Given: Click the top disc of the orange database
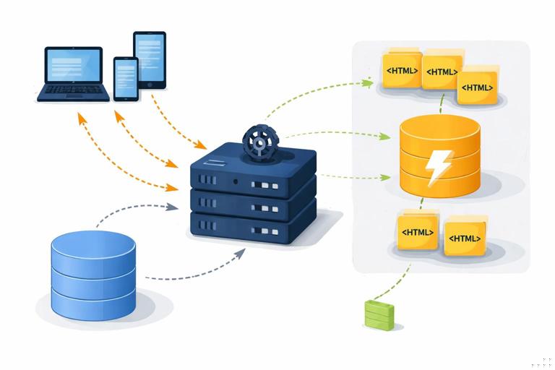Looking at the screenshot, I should pyautogui.click(x=439, y=132).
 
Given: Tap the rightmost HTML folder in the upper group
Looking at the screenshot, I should pyautogui.click(x=478, y=87).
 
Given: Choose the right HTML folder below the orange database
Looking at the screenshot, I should pyautogui.click(x=465, y=237).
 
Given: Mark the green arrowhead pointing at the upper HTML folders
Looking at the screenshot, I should pyautogui.click(x=369, y=82).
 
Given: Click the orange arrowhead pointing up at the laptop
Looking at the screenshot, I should pyautogui.click(x=82, y=116).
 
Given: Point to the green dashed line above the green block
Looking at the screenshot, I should pyautogui.click(x=400, y=281).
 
